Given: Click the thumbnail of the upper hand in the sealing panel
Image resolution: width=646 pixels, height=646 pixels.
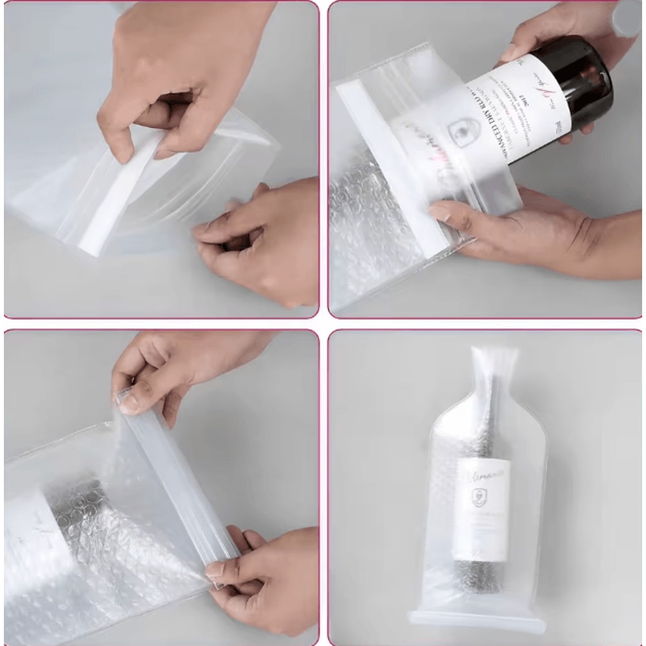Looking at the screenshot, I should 129,403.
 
